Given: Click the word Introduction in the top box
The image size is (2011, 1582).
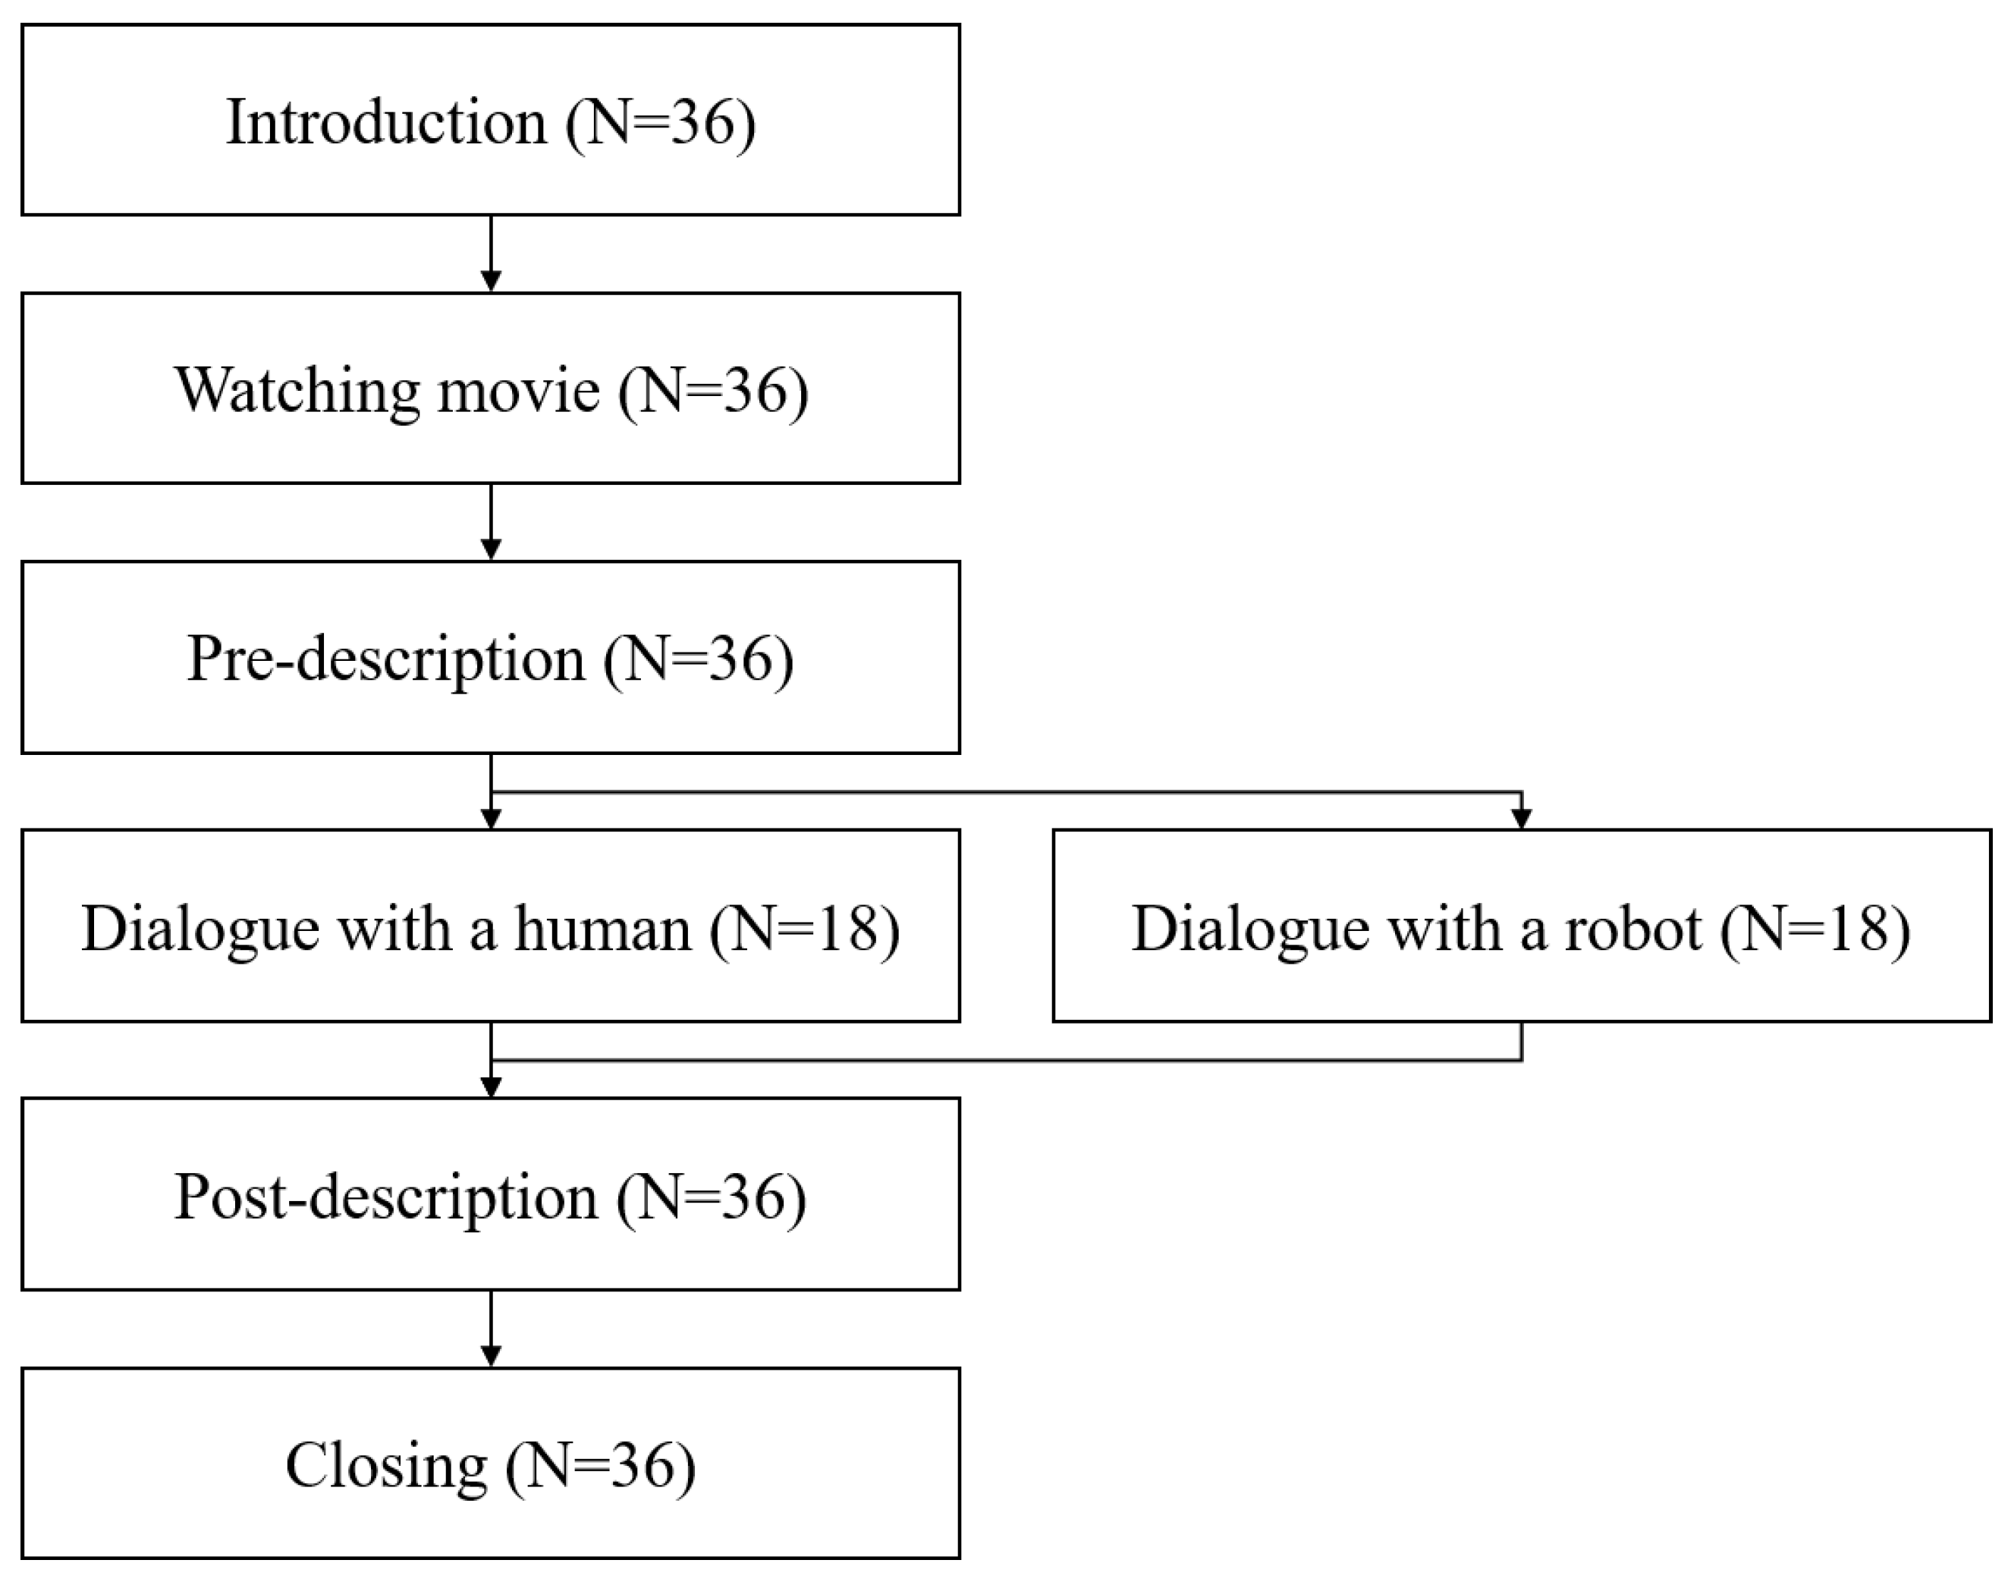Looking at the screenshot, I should tap(386, 122).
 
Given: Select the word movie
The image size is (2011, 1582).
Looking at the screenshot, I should tap(518, 390).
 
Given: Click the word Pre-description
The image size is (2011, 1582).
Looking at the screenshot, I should tap(386, 659).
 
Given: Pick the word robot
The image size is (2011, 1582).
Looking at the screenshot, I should tap(1633, 927).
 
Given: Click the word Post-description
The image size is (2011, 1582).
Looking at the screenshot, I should tap(386, 1196).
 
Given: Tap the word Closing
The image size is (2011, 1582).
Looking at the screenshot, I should tap(386, 1465).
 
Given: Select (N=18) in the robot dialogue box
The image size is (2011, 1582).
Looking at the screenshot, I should tap(1815, 927).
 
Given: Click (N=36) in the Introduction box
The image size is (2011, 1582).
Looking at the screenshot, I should tap(661, 122).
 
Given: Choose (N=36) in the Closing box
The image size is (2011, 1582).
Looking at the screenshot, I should tap(601, 1465).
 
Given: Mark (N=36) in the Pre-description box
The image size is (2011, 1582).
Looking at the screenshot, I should tap(699, 659).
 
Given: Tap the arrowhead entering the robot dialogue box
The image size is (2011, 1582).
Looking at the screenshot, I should tap(1521, 819).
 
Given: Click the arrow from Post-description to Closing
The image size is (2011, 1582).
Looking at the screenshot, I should tap(492, 1329).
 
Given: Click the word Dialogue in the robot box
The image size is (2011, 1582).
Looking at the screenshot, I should tap(1249, 927).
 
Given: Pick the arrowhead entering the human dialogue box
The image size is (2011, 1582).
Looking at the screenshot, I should tap(492, 819).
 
